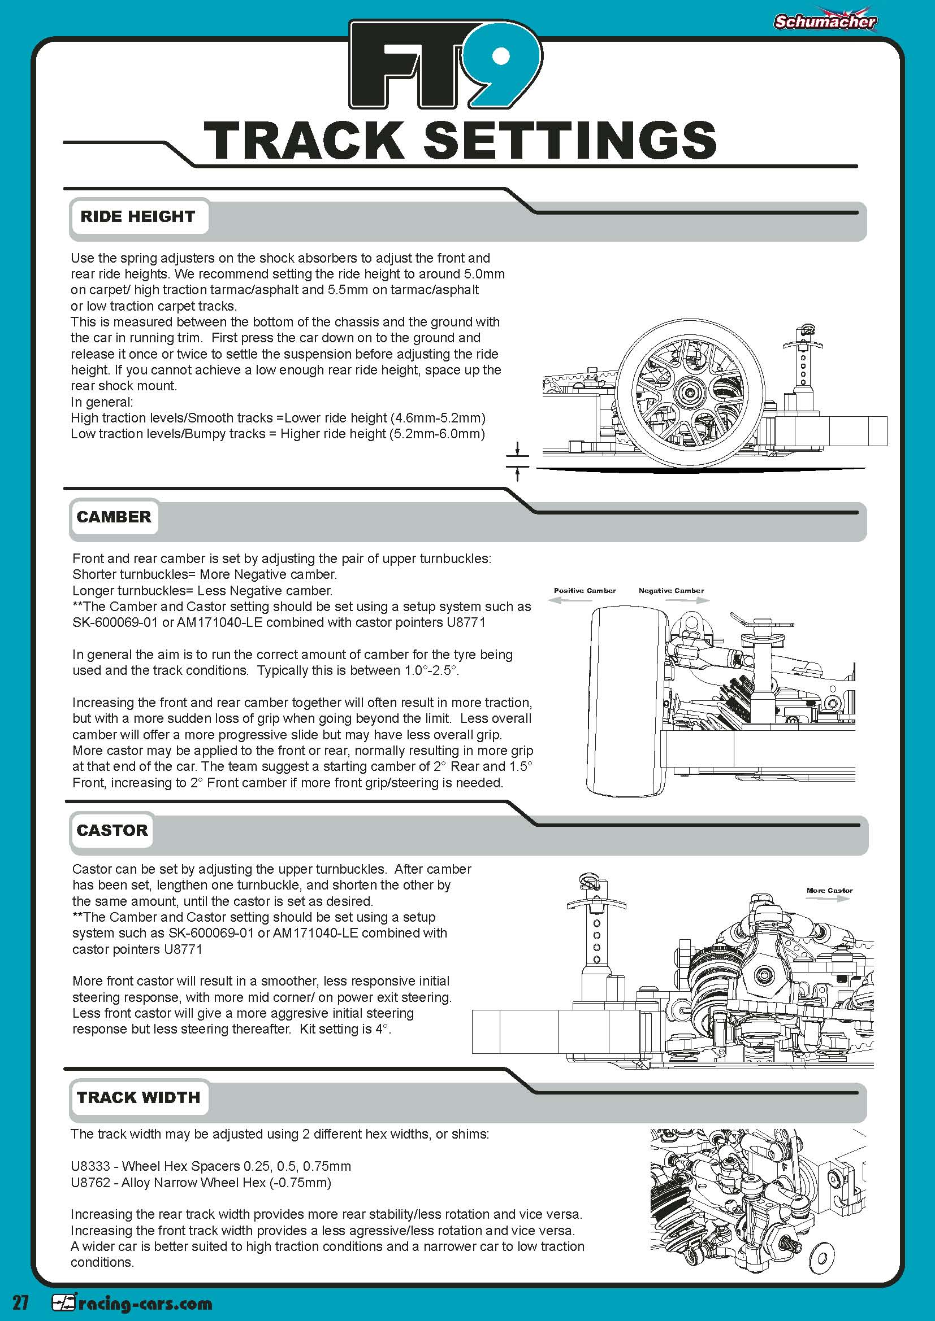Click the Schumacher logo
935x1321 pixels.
click(824, 21)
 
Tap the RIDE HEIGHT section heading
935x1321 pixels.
click(137, 216)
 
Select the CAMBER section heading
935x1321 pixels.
click(114, 517)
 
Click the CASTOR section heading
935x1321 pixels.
click(112, 830)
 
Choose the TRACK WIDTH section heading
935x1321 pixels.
click(138, 1097)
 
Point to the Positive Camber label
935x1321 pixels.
click(585, 590)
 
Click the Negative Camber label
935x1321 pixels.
click(671, 590)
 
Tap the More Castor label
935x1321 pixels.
click(829, 890)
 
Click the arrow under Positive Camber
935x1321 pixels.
click(570, 600)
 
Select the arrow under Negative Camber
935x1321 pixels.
click(688, 600)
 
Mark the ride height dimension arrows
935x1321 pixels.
click(518, 461)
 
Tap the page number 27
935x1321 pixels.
click(21, 1302)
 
